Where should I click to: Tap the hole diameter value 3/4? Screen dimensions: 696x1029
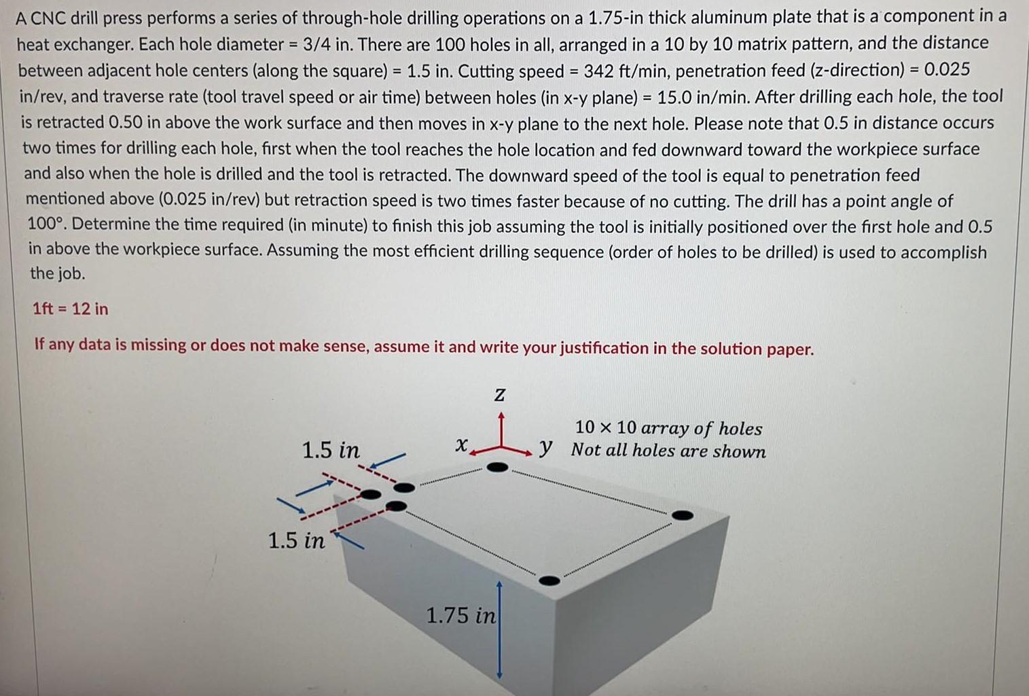(x=317, y=45)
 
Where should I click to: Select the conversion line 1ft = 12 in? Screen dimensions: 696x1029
(x=70, y=309)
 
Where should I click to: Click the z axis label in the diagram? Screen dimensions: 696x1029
(x=499, y=395)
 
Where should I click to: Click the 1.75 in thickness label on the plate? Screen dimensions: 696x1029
(x=461, y=615)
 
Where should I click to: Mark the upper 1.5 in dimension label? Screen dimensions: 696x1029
(x=331, y=450)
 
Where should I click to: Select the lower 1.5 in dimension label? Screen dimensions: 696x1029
(x=296, y=540)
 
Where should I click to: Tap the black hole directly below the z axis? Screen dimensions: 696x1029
(x=498, y=467)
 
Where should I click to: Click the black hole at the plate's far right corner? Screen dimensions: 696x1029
(x=683, y=515)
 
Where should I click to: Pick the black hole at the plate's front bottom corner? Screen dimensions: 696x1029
(x=549, y=580)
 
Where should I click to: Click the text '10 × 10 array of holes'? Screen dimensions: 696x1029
(x=668, y=428)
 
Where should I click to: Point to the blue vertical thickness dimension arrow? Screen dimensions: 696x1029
(x=499, y=629)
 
